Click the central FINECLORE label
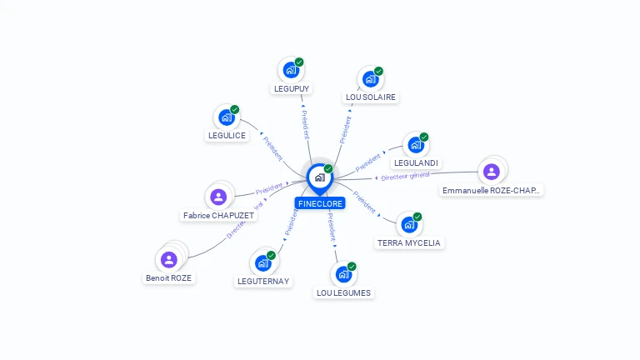coord(319,203)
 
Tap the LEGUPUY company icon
coord(291,70)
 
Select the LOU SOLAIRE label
coord(371,97)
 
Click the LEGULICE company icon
coord(226,118)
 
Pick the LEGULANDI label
coord(416,163)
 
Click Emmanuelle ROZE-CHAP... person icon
coord(491,172)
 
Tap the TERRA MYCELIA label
coord(409,243)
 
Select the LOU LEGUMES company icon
coord(343,274)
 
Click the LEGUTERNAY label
coord(263,282)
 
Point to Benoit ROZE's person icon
coord(169,259)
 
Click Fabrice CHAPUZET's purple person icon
coord(218,197)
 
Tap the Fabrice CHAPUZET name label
coord(218,215)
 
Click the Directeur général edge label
coord(405,176)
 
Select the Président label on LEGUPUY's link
coord(305,124)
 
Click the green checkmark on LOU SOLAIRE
coord(378,72)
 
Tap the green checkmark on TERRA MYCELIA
coord(417,217)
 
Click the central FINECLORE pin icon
coord(318,177)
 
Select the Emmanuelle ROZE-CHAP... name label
coord(492,191)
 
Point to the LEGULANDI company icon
coord(415,145)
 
